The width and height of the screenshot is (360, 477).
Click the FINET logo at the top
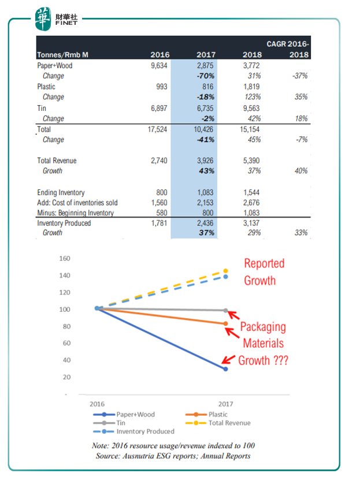pos(56,19)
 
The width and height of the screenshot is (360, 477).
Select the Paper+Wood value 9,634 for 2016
pos(159,66)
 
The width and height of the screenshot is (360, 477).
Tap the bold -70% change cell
pos(205,76)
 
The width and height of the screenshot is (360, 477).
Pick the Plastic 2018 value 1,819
pos(251,87)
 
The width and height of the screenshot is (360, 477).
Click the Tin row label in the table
pos(42,109)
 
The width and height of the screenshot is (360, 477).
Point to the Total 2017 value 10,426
pos(203,129)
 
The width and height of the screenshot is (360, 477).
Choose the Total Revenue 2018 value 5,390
pos(251,161)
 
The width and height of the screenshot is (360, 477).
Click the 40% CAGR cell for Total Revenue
pos(301,171)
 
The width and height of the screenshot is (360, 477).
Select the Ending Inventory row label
pos(61,192)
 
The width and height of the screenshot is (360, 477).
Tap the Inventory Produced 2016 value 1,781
pos(159,223)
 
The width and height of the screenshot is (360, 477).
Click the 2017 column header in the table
pos(206,55)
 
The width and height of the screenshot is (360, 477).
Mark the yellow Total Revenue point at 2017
pos(225,271)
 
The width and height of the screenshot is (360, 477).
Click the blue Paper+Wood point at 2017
pos(225,369)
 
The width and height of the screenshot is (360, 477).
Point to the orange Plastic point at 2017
pos(225,323)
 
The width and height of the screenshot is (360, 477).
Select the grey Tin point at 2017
pos(225,311)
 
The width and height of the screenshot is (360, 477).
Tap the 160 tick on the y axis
pos(65,259)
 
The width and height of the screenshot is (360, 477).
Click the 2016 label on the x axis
pos(97,404)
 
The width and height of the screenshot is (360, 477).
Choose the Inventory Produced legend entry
pos(134,431)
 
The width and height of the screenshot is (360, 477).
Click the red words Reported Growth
pos(264,272)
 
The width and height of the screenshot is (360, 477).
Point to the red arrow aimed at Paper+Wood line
pos(228,359)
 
